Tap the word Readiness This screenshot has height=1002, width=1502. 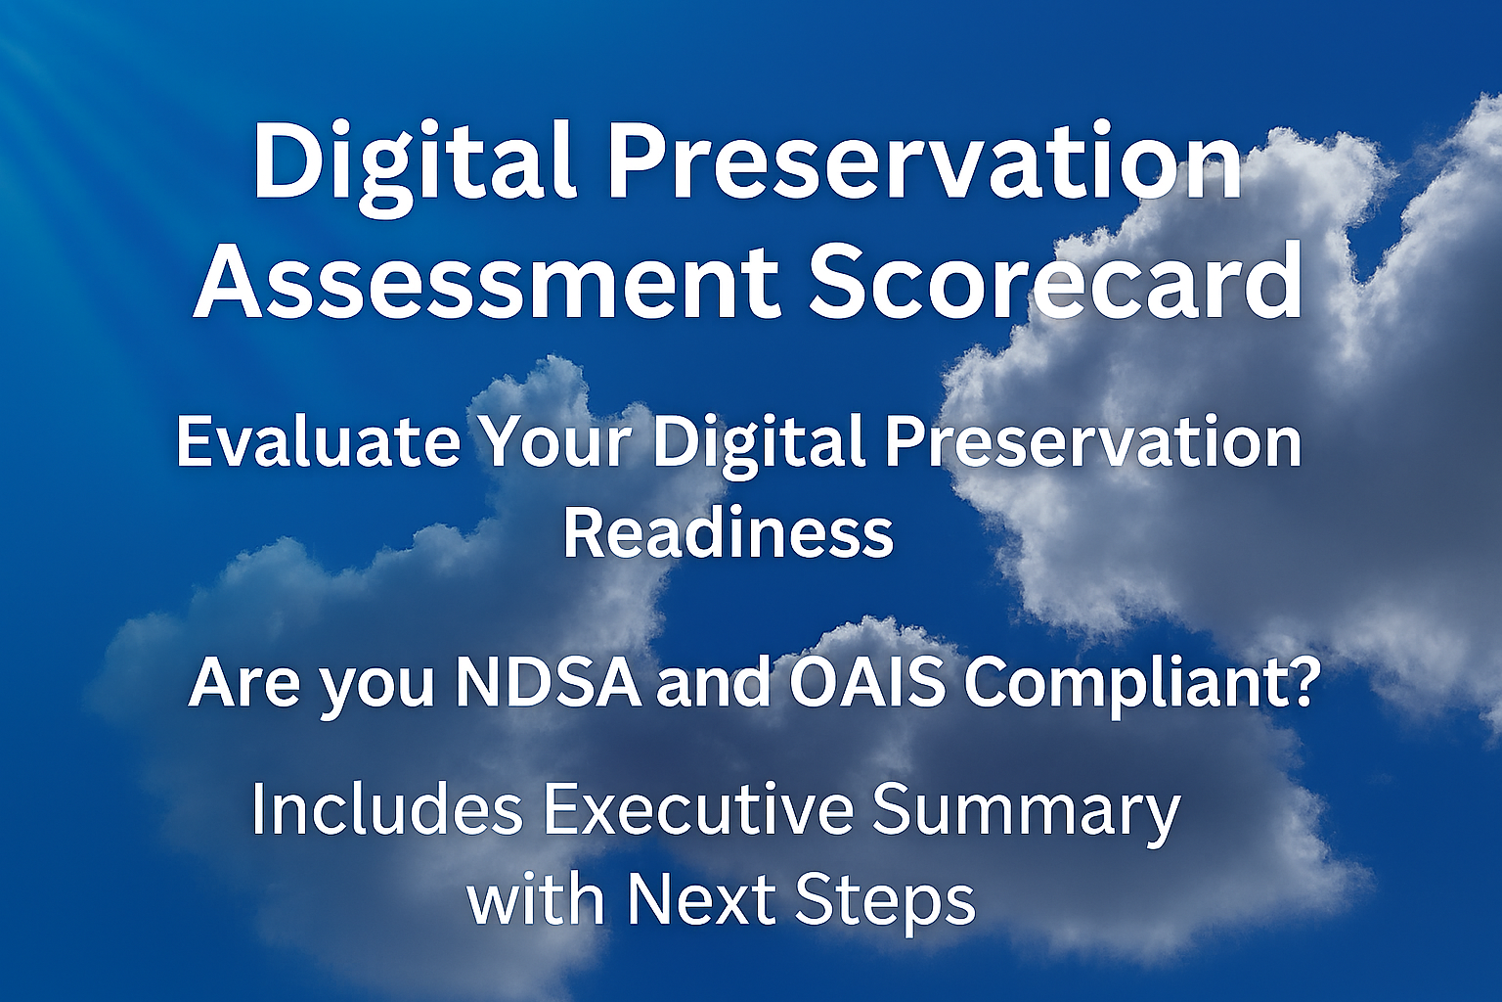coord(729,533)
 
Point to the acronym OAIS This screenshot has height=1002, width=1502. coord(866,682)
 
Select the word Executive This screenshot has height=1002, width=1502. coord(698,810)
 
